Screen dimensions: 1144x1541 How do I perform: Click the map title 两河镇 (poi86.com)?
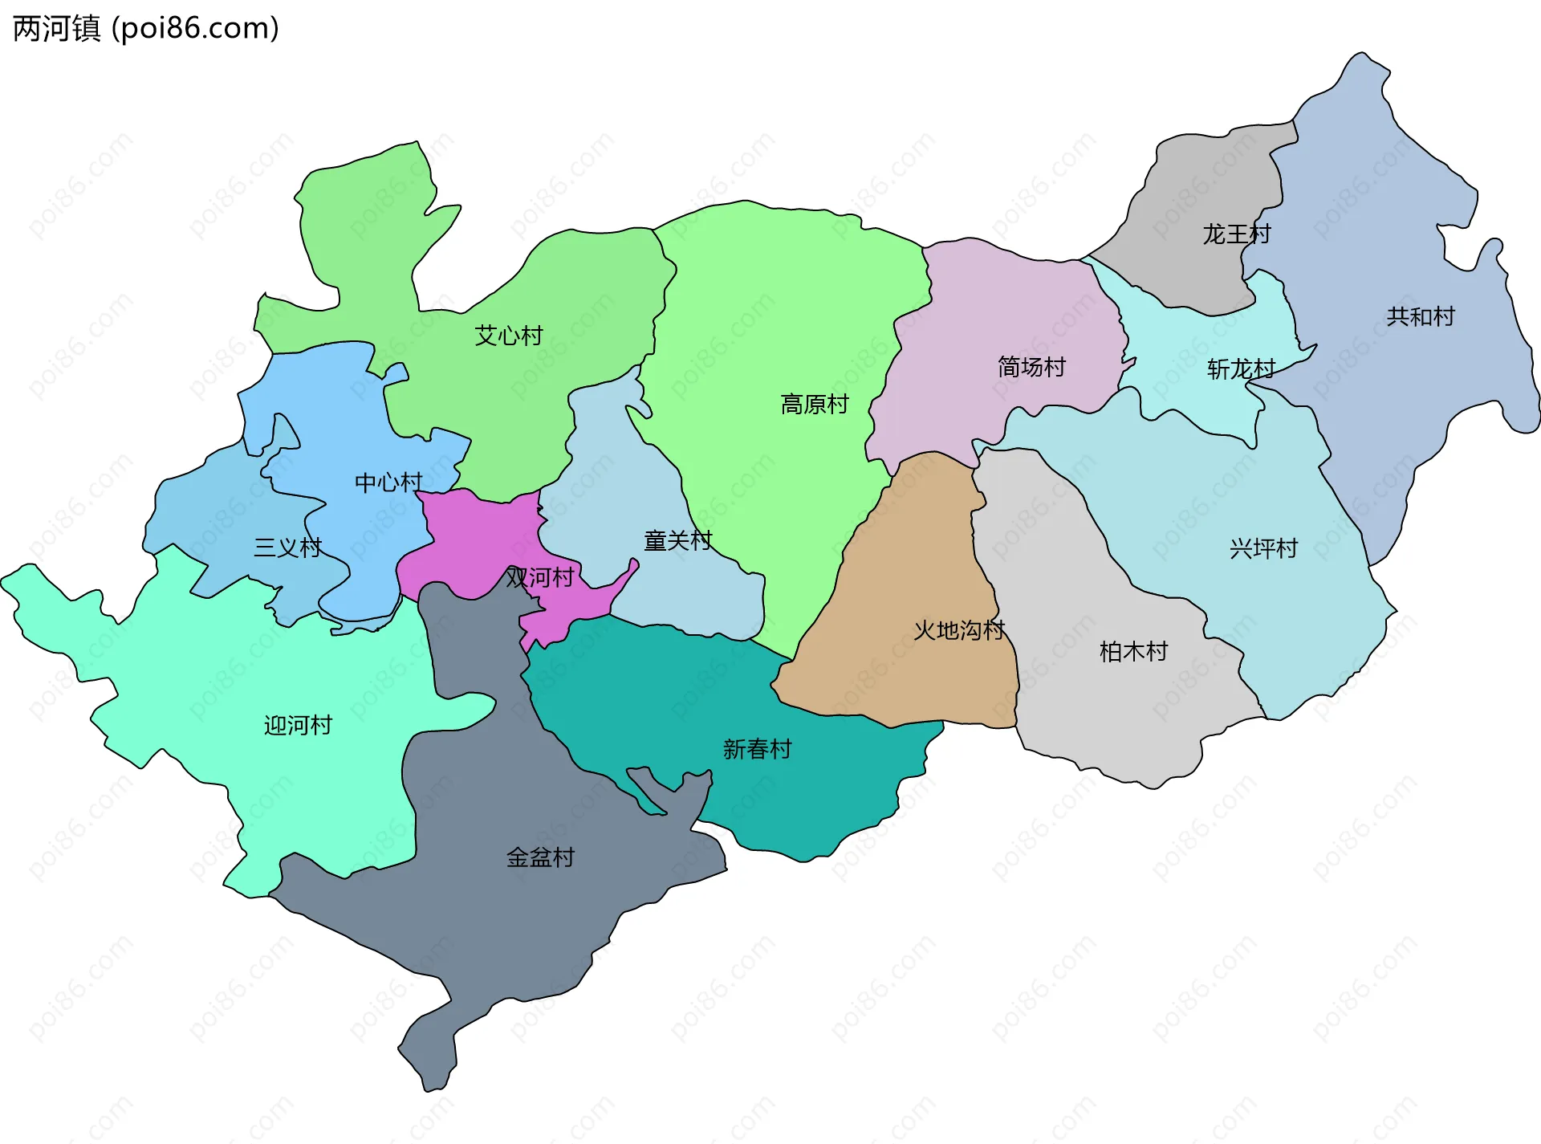click(x=146, y=29)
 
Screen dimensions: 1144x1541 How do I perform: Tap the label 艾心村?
click(x=509, y=336)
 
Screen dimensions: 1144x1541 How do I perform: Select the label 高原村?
click(x=815, y=404)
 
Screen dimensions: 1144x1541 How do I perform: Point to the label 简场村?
click(x=1031, y=367)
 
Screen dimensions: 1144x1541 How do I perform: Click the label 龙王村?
click(x=1237, y=234)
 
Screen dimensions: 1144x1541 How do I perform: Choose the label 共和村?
click(x=1421, y=316)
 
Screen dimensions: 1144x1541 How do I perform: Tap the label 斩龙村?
click(x=1241, y=369)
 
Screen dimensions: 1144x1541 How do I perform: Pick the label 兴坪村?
click(x=1263, y=548)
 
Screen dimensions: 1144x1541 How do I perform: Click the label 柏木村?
click(x=1133, y=651)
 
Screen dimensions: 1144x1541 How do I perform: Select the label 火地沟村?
click(x=959, y=630)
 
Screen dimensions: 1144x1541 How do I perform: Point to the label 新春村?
click(x=757, y=749)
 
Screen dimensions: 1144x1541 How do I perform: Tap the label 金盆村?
click(x=540, y=857)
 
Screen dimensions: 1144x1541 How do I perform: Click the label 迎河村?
click(x=298, y=725)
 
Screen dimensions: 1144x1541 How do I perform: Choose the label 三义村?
click(x=287, y=548)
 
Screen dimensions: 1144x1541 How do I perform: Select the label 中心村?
click(x=388, y=482)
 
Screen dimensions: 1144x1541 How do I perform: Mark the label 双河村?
click(x=539, y=577)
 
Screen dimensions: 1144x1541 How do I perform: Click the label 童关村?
click(x=677, y=541)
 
